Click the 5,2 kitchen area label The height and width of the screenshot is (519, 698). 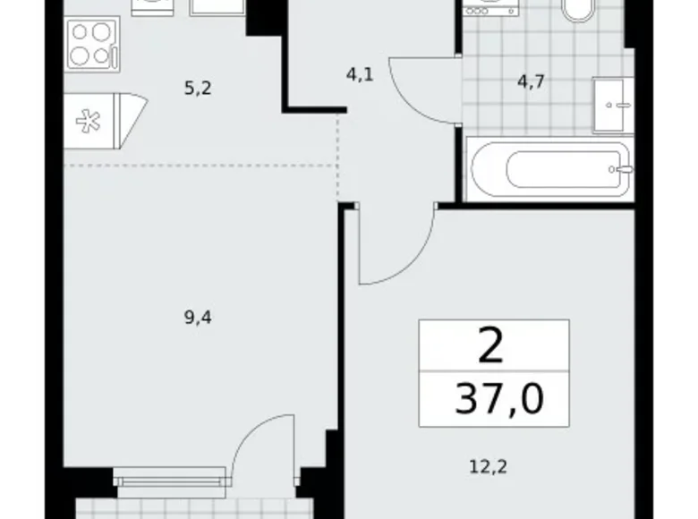(198, 89)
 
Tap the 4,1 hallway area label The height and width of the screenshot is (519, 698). (360, 75)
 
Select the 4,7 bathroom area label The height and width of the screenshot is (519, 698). (531, 81)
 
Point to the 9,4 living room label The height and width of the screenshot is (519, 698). (198, 318)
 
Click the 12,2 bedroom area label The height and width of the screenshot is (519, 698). (489, 467)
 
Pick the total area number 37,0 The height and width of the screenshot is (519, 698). (499, 398)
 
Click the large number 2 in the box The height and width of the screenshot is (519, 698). (490, 345)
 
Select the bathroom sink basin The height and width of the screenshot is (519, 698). (612, 106)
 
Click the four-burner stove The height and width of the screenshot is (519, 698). (92, 44)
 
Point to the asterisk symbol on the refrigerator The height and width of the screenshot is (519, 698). (88, 121)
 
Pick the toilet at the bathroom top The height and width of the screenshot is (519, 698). (578, 10)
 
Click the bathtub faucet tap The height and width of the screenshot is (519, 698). (622, 169)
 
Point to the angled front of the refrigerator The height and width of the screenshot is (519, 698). (132, 121)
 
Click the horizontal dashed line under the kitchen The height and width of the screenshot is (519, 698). (200, 166)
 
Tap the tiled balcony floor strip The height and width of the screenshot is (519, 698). (195, 508)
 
